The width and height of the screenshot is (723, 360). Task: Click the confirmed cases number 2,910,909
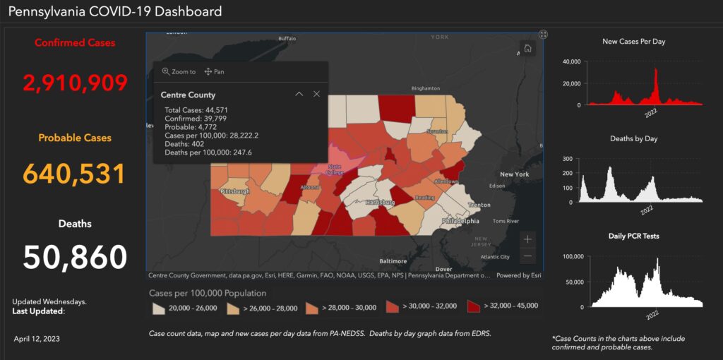click(x=76, y=83)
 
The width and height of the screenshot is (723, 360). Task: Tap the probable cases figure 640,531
click(x=75, y=174)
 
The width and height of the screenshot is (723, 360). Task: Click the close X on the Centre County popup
click(x=316, y=94)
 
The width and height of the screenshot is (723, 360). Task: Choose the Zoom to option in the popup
click(x=179, y=71)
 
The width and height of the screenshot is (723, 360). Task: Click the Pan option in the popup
click(x=214, y=71)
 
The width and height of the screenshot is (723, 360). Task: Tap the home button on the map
click(x=528, y=49)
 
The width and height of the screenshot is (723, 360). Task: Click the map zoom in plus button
click(x=528, y=239)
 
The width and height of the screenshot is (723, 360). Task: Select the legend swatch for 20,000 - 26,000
click(x=159, y=306)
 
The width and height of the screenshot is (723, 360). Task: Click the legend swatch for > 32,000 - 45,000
click(x=474, y=306)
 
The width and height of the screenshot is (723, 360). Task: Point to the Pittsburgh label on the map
click(x=235, y=191)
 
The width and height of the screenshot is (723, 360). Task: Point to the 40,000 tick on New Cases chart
click(x=571, y=61)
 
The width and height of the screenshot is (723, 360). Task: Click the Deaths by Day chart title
click(x=633, y=139)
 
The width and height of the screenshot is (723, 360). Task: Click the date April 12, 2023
click(x=37, y=339)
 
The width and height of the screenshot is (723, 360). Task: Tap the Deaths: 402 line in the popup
click(x=184, y=144)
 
